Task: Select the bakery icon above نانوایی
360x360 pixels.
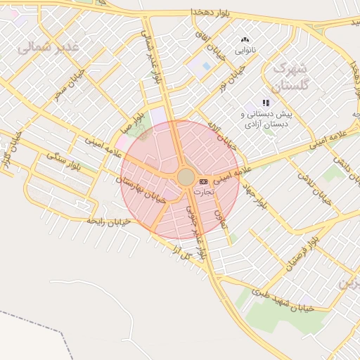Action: pos(245,40)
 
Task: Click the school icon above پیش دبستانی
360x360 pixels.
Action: pos(266,103)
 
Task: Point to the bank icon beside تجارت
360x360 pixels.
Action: pos(204,181)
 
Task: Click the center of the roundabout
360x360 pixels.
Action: pos(186,177)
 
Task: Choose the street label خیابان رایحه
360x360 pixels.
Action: pos(109,221)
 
